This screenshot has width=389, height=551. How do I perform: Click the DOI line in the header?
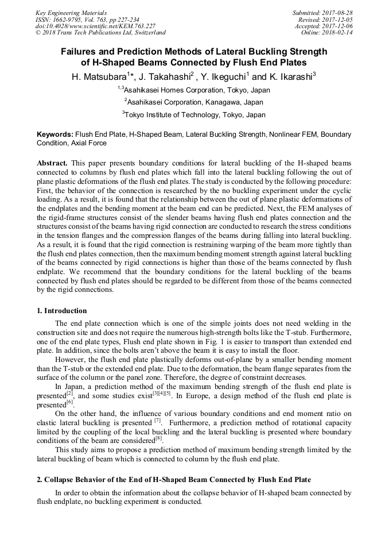click(x=95, y=26)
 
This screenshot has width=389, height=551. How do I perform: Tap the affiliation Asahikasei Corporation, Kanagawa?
click(x=195, y=102)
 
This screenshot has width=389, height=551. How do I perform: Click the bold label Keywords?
click(x=55, y=134)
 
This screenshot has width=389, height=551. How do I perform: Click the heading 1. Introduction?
click(x=61, y=311)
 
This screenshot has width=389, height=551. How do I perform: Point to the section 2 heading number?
click(x=39, y=480)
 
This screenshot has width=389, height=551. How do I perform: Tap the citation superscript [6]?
click(x=70, y=403)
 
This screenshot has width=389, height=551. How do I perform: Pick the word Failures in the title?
click(x=80, y=51)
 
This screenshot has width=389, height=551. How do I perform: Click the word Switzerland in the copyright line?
click(x=149, y=33)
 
